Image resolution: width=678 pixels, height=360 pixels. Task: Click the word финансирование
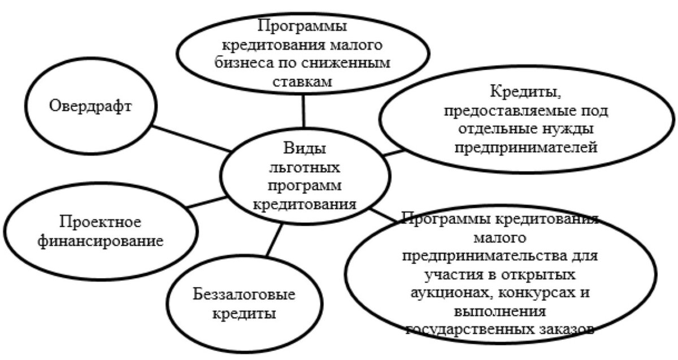pyautogui.click(x=101, y=241)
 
